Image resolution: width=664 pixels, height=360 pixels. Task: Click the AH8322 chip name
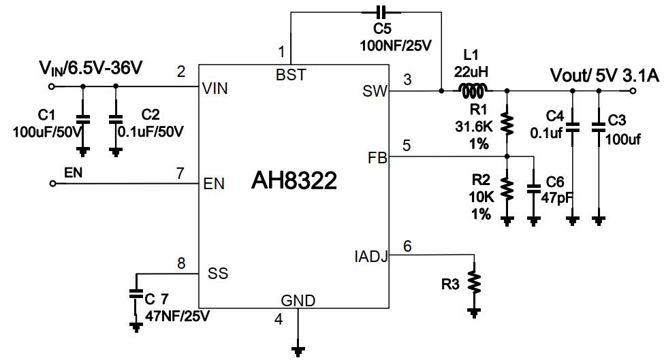point(294,181)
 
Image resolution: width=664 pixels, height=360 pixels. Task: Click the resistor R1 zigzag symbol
point(506,123)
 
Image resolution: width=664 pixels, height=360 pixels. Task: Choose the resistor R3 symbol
point(473,281)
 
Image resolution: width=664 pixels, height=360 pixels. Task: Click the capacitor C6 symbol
point(534,187)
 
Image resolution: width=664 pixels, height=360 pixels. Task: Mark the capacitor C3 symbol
point(599,127)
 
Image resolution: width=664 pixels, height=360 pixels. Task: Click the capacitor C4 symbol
point(573,127)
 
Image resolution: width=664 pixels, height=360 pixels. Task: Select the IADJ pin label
point(371,257)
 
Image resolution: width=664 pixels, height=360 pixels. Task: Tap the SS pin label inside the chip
point(218,274)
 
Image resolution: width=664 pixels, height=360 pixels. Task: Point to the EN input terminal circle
point(52,183)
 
